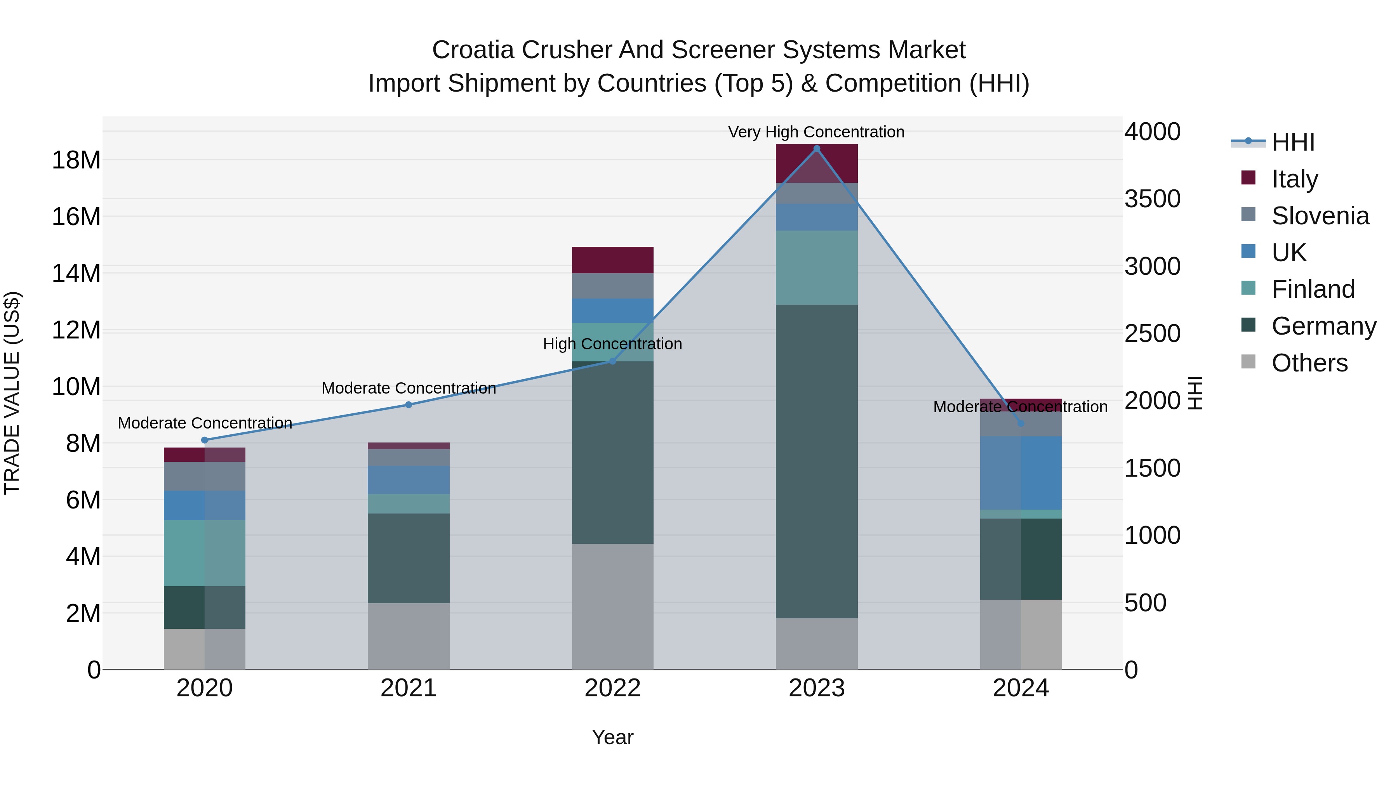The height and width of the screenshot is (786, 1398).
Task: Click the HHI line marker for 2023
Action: click(816, 149)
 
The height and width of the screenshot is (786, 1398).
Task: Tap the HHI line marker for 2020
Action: click(205, 440)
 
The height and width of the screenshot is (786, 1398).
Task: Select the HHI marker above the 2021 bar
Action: click(409, 405)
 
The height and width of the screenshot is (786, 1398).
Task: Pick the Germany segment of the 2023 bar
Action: click(816, 461)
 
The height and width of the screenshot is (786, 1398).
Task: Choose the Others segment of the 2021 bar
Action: click(408, 636)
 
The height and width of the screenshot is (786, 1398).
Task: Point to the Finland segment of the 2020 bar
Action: click(205, 553)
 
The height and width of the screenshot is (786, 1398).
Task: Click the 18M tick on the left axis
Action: click(76, 160)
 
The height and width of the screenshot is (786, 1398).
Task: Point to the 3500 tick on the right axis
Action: click(1152, 198)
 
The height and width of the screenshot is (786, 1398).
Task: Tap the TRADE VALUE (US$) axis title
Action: click(12, 393)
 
